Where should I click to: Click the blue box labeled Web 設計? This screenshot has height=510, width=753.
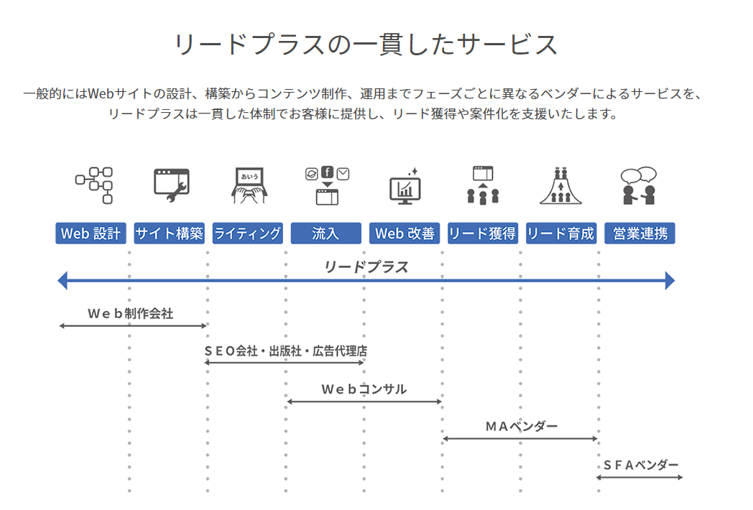click(x=91, y=233)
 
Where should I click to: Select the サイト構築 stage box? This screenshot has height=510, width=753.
click(x=169, y=233)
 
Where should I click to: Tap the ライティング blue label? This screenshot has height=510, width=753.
click(x=247, y=233)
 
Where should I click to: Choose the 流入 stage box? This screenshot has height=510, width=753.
click(x=325, y=233)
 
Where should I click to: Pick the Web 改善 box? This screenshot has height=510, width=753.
click(x=405, y=233)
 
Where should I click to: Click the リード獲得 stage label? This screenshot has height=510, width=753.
click(x=482, y=233)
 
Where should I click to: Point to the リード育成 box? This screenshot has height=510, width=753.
click(x=560, y=233)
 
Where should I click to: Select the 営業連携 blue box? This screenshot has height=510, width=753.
click(x=639, y=233)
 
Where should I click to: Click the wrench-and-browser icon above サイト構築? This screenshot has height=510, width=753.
click(x=171, y=185)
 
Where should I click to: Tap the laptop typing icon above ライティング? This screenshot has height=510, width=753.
click(x=249, y=185)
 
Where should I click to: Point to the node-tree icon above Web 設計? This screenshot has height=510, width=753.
click(x=94, y=185)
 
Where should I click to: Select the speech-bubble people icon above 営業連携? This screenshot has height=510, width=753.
click(x=639, y=185)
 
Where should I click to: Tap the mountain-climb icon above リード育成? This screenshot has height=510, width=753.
click(x=560, y=185)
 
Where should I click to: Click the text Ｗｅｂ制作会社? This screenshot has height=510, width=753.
click(x=130, y=314)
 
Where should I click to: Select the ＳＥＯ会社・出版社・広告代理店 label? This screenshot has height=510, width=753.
click(x=285, y=351)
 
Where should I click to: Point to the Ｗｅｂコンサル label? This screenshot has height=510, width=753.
click(x=364, y=389)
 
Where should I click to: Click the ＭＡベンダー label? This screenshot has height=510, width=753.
click(x=521, y=427)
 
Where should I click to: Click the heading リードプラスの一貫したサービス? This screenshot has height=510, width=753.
click(x=366, y=45)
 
